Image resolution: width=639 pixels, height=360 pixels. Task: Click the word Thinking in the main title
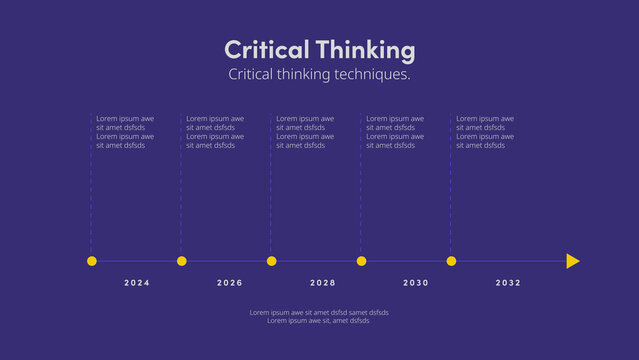point(365,50)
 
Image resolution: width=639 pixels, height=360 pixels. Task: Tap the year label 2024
point(137,283)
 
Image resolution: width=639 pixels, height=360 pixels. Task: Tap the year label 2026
point(230,283)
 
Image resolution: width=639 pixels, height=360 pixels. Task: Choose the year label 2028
point(323,283)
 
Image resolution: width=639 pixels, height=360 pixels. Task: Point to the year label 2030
point(416,283)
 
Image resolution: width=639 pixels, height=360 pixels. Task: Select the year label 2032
point(508,283)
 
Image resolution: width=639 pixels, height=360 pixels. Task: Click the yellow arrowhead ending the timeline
point(572,261)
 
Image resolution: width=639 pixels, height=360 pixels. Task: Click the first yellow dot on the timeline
point(92,261)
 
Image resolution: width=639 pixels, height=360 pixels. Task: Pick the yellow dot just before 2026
point(182,261)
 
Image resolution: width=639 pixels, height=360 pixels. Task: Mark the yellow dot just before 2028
point(272,261)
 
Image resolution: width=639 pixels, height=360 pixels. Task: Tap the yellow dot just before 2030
point(362,261)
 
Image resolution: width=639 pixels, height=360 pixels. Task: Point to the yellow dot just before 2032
point(452,261)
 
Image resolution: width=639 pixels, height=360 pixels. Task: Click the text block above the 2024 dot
point(125,132)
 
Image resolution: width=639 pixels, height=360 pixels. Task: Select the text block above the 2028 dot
point(305,132)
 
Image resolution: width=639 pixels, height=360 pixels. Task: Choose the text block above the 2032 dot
point(485,132)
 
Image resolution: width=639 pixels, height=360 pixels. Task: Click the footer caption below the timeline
point(319,316)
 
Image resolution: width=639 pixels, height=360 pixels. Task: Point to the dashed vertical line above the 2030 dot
point(361,200)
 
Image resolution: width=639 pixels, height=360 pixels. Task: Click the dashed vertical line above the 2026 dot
point(181,200)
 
